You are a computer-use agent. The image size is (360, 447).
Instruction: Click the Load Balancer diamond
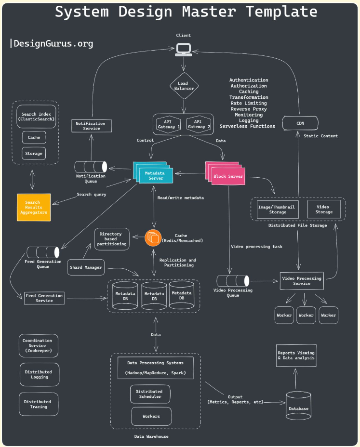point(184,86)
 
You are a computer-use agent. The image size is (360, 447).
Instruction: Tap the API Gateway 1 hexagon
point(168,124)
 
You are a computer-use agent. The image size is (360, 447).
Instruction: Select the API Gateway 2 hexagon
point(199,124)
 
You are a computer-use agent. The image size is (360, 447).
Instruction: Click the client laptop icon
point(184,50)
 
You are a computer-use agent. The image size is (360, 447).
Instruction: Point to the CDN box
point(300,123)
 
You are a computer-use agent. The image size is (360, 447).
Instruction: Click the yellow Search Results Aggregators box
point(34,207)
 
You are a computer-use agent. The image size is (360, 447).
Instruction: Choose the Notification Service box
point(91,126)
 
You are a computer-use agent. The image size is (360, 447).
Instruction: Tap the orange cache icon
point(153,238)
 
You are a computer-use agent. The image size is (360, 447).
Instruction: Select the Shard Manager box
point(86,267)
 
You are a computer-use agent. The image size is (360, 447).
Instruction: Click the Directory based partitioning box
point(112,239)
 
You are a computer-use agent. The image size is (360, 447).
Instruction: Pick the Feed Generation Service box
point(44,298)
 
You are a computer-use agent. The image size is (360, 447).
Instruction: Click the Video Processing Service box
point(302,281)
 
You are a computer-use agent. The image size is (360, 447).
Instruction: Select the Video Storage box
point(324,209)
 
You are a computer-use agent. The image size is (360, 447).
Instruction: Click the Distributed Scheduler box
point(150,394)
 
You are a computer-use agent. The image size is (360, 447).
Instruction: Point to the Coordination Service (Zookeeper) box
point(39,345)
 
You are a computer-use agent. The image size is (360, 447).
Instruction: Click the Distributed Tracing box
point(39,404)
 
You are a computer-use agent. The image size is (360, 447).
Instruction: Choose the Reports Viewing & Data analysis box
point(296,355)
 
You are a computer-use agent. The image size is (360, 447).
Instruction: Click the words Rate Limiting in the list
point(249,103)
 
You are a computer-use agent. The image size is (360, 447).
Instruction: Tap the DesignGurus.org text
point(53,44)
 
